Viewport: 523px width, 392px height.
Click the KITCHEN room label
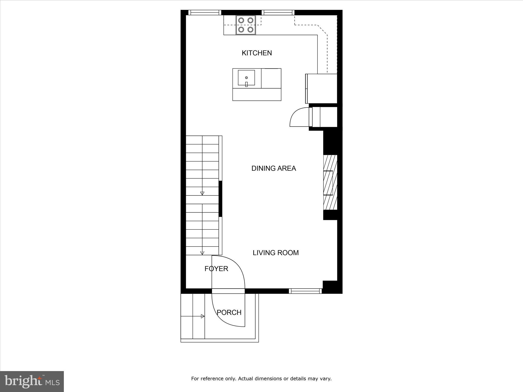257,53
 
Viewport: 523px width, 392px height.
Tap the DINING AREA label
274,168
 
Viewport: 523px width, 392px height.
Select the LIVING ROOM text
276,253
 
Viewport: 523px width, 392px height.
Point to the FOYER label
216,269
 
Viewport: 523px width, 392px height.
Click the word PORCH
229,312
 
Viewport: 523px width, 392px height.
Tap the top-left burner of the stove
241,20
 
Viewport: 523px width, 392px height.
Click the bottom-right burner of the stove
250,30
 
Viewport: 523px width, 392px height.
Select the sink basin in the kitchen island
246,78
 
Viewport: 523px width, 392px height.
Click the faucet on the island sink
246,84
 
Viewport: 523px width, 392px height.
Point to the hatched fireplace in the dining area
330,182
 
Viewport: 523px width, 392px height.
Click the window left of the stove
205,13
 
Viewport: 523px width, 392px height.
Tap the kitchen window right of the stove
278,13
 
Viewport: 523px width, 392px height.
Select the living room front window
305,291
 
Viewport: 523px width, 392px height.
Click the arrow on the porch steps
203,316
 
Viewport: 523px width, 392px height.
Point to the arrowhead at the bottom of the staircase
202,253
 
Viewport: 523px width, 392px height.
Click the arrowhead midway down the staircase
202,193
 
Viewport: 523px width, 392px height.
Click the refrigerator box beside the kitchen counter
322,89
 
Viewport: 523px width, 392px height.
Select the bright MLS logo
32,381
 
